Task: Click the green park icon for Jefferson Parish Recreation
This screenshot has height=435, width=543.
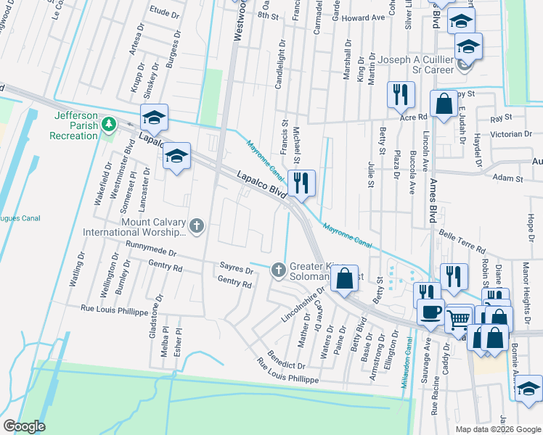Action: pyautogui.click(x=109, y=125)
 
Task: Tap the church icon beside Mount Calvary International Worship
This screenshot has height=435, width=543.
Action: pyautogui.click(x=196, y=228)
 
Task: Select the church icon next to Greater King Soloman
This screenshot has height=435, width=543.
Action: pyautogui.click(x=278, y=270)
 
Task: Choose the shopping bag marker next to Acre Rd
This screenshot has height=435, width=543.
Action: pyautogui.click(x=443, y=104)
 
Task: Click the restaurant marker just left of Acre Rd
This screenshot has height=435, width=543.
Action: pyautogui.click(x=400, y=94)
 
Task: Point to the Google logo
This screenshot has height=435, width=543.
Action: pyautogui.click(x=24, y=426)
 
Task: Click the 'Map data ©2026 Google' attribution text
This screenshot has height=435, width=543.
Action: pyautogui.click(x=497, y=429)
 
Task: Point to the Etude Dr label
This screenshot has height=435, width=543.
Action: pyautogui.click(x=164, y=12)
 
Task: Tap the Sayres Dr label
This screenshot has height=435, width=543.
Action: pyautogui.click(x=236, y=270)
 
